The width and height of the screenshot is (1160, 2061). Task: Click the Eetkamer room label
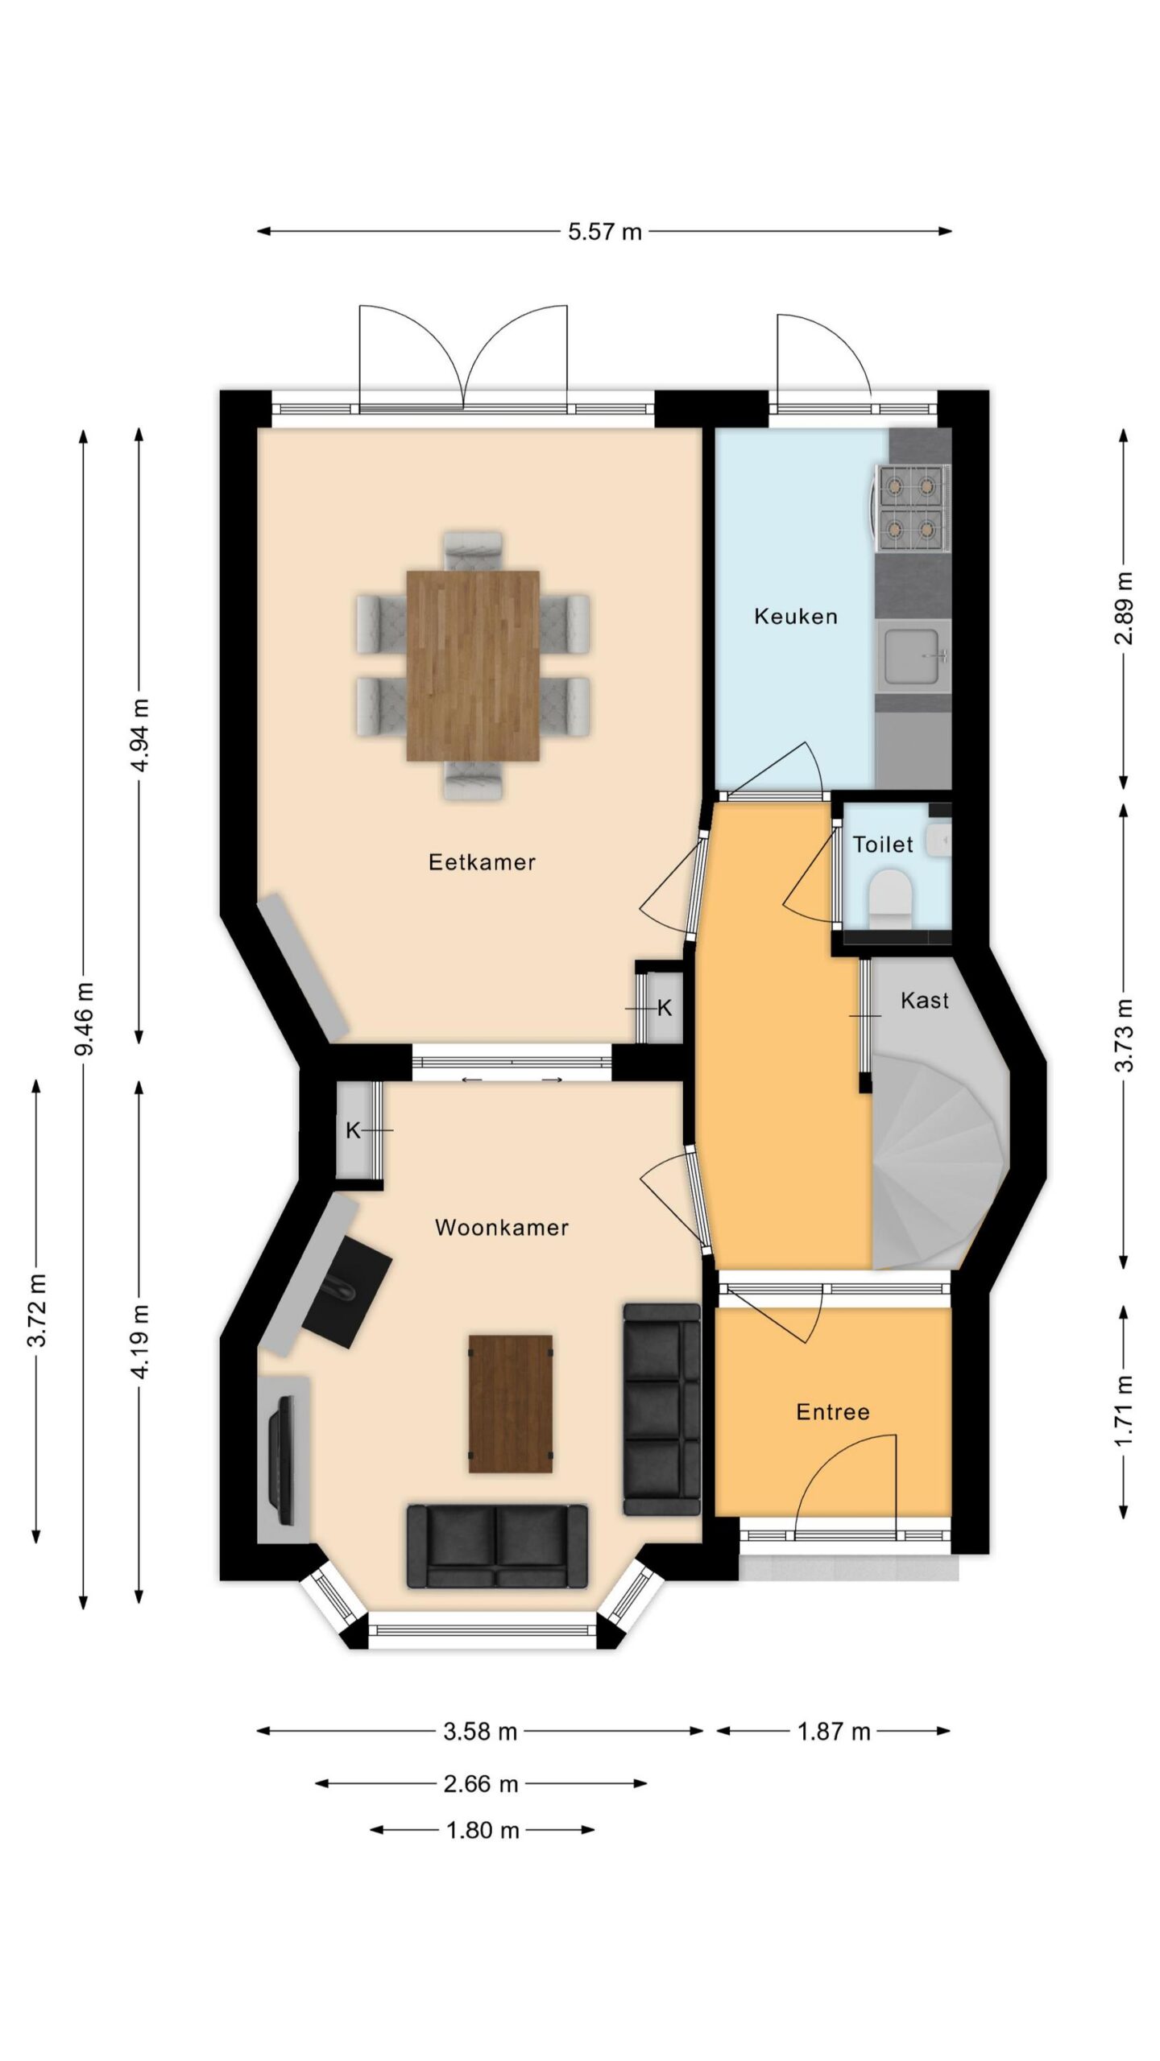tap(482, 862)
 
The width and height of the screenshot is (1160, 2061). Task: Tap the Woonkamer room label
tap(502, 1227)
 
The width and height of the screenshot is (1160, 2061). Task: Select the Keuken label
tap(796, 617)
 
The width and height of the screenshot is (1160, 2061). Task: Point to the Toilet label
tap(883, 845)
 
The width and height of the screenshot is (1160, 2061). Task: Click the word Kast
tap(925, 1001)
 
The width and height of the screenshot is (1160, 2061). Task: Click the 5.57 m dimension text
tap(605, 232)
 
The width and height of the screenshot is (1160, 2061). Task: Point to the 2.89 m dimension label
tap(1125, 609)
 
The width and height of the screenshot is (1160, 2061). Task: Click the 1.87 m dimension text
tap(834, 1732)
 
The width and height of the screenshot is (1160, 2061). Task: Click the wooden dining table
tap(473, 665)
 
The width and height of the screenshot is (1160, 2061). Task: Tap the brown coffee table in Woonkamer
tap(511, 1404)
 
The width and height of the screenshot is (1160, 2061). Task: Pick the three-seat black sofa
tap(661, 1410)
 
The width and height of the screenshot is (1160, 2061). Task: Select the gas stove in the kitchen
tap(910, 507)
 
